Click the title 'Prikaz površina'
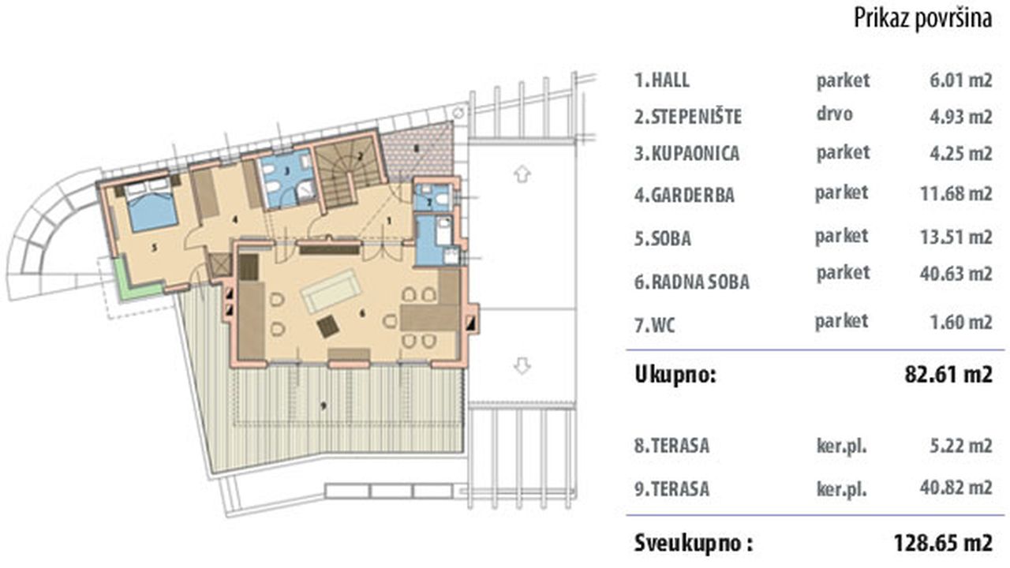922,19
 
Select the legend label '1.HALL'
662,80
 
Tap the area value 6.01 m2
960,80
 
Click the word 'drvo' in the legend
834,114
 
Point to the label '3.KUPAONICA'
686,153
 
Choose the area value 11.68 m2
956,194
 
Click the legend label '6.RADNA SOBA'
692,282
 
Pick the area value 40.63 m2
956,273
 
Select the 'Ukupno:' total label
675,375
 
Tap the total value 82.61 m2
948,375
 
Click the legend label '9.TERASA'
671,488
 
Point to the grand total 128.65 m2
943,543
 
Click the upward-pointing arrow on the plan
522,174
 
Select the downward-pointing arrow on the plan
522,365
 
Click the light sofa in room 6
331,290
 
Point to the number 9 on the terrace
323,406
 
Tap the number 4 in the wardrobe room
234,219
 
